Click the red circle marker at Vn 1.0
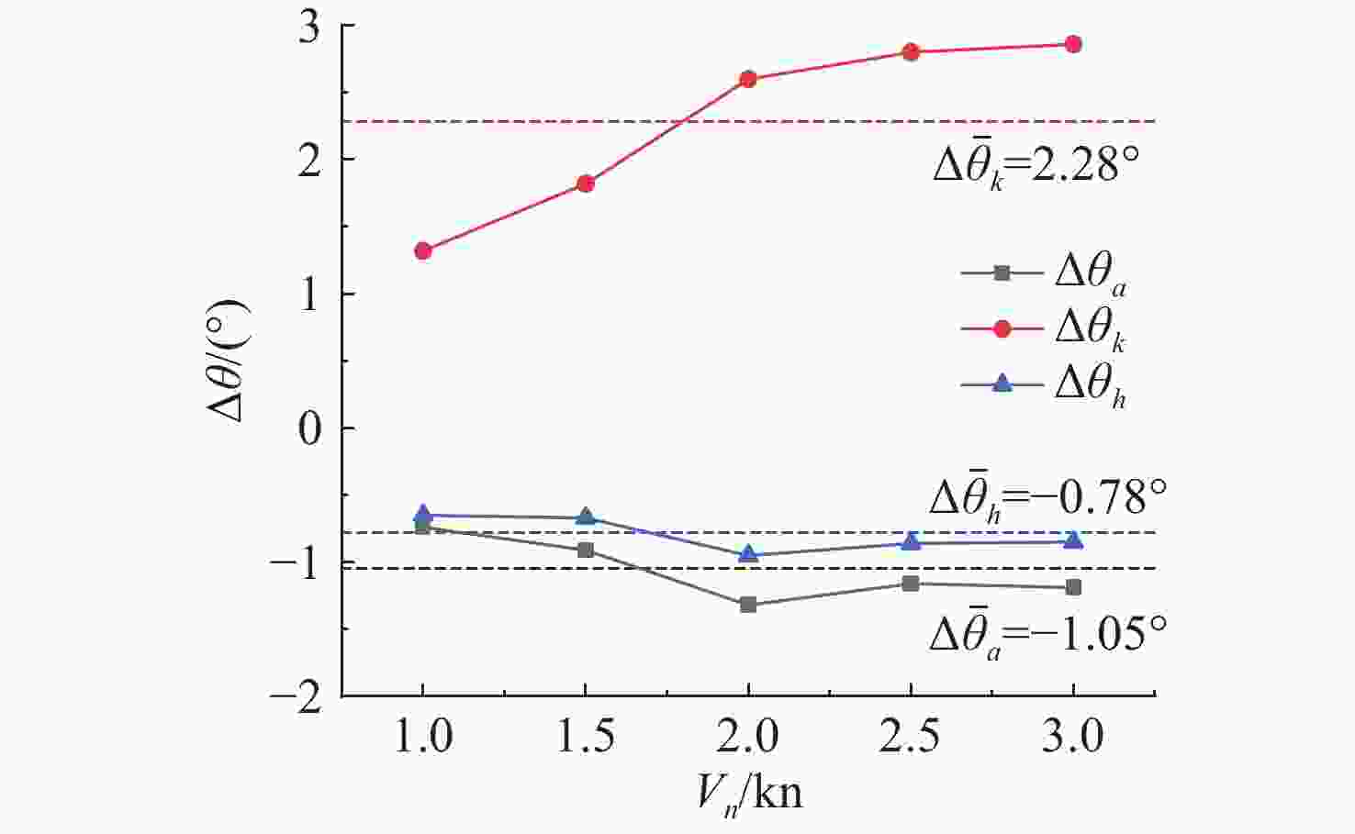(423, 250)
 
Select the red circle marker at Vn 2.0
(748, 79)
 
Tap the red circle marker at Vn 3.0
(1073, 44)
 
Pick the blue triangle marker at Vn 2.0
(748, 554)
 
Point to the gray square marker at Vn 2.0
(748, 605)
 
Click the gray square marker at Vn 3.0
(1073, 587)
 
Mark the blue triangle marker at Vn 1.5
(586, 517)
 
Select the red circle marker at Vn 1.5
(586, 183)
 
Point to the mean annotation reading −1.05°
(1047, 634)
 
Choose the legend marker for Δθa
(1002, 272)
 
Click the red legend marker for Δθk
(1002, 328)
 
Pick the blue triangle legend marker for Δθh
(1002, 384)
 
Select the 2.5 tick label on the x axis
(910, 737)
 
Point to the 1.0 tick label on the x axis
(423, 737)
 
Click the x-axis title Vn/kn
(748, 791)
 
